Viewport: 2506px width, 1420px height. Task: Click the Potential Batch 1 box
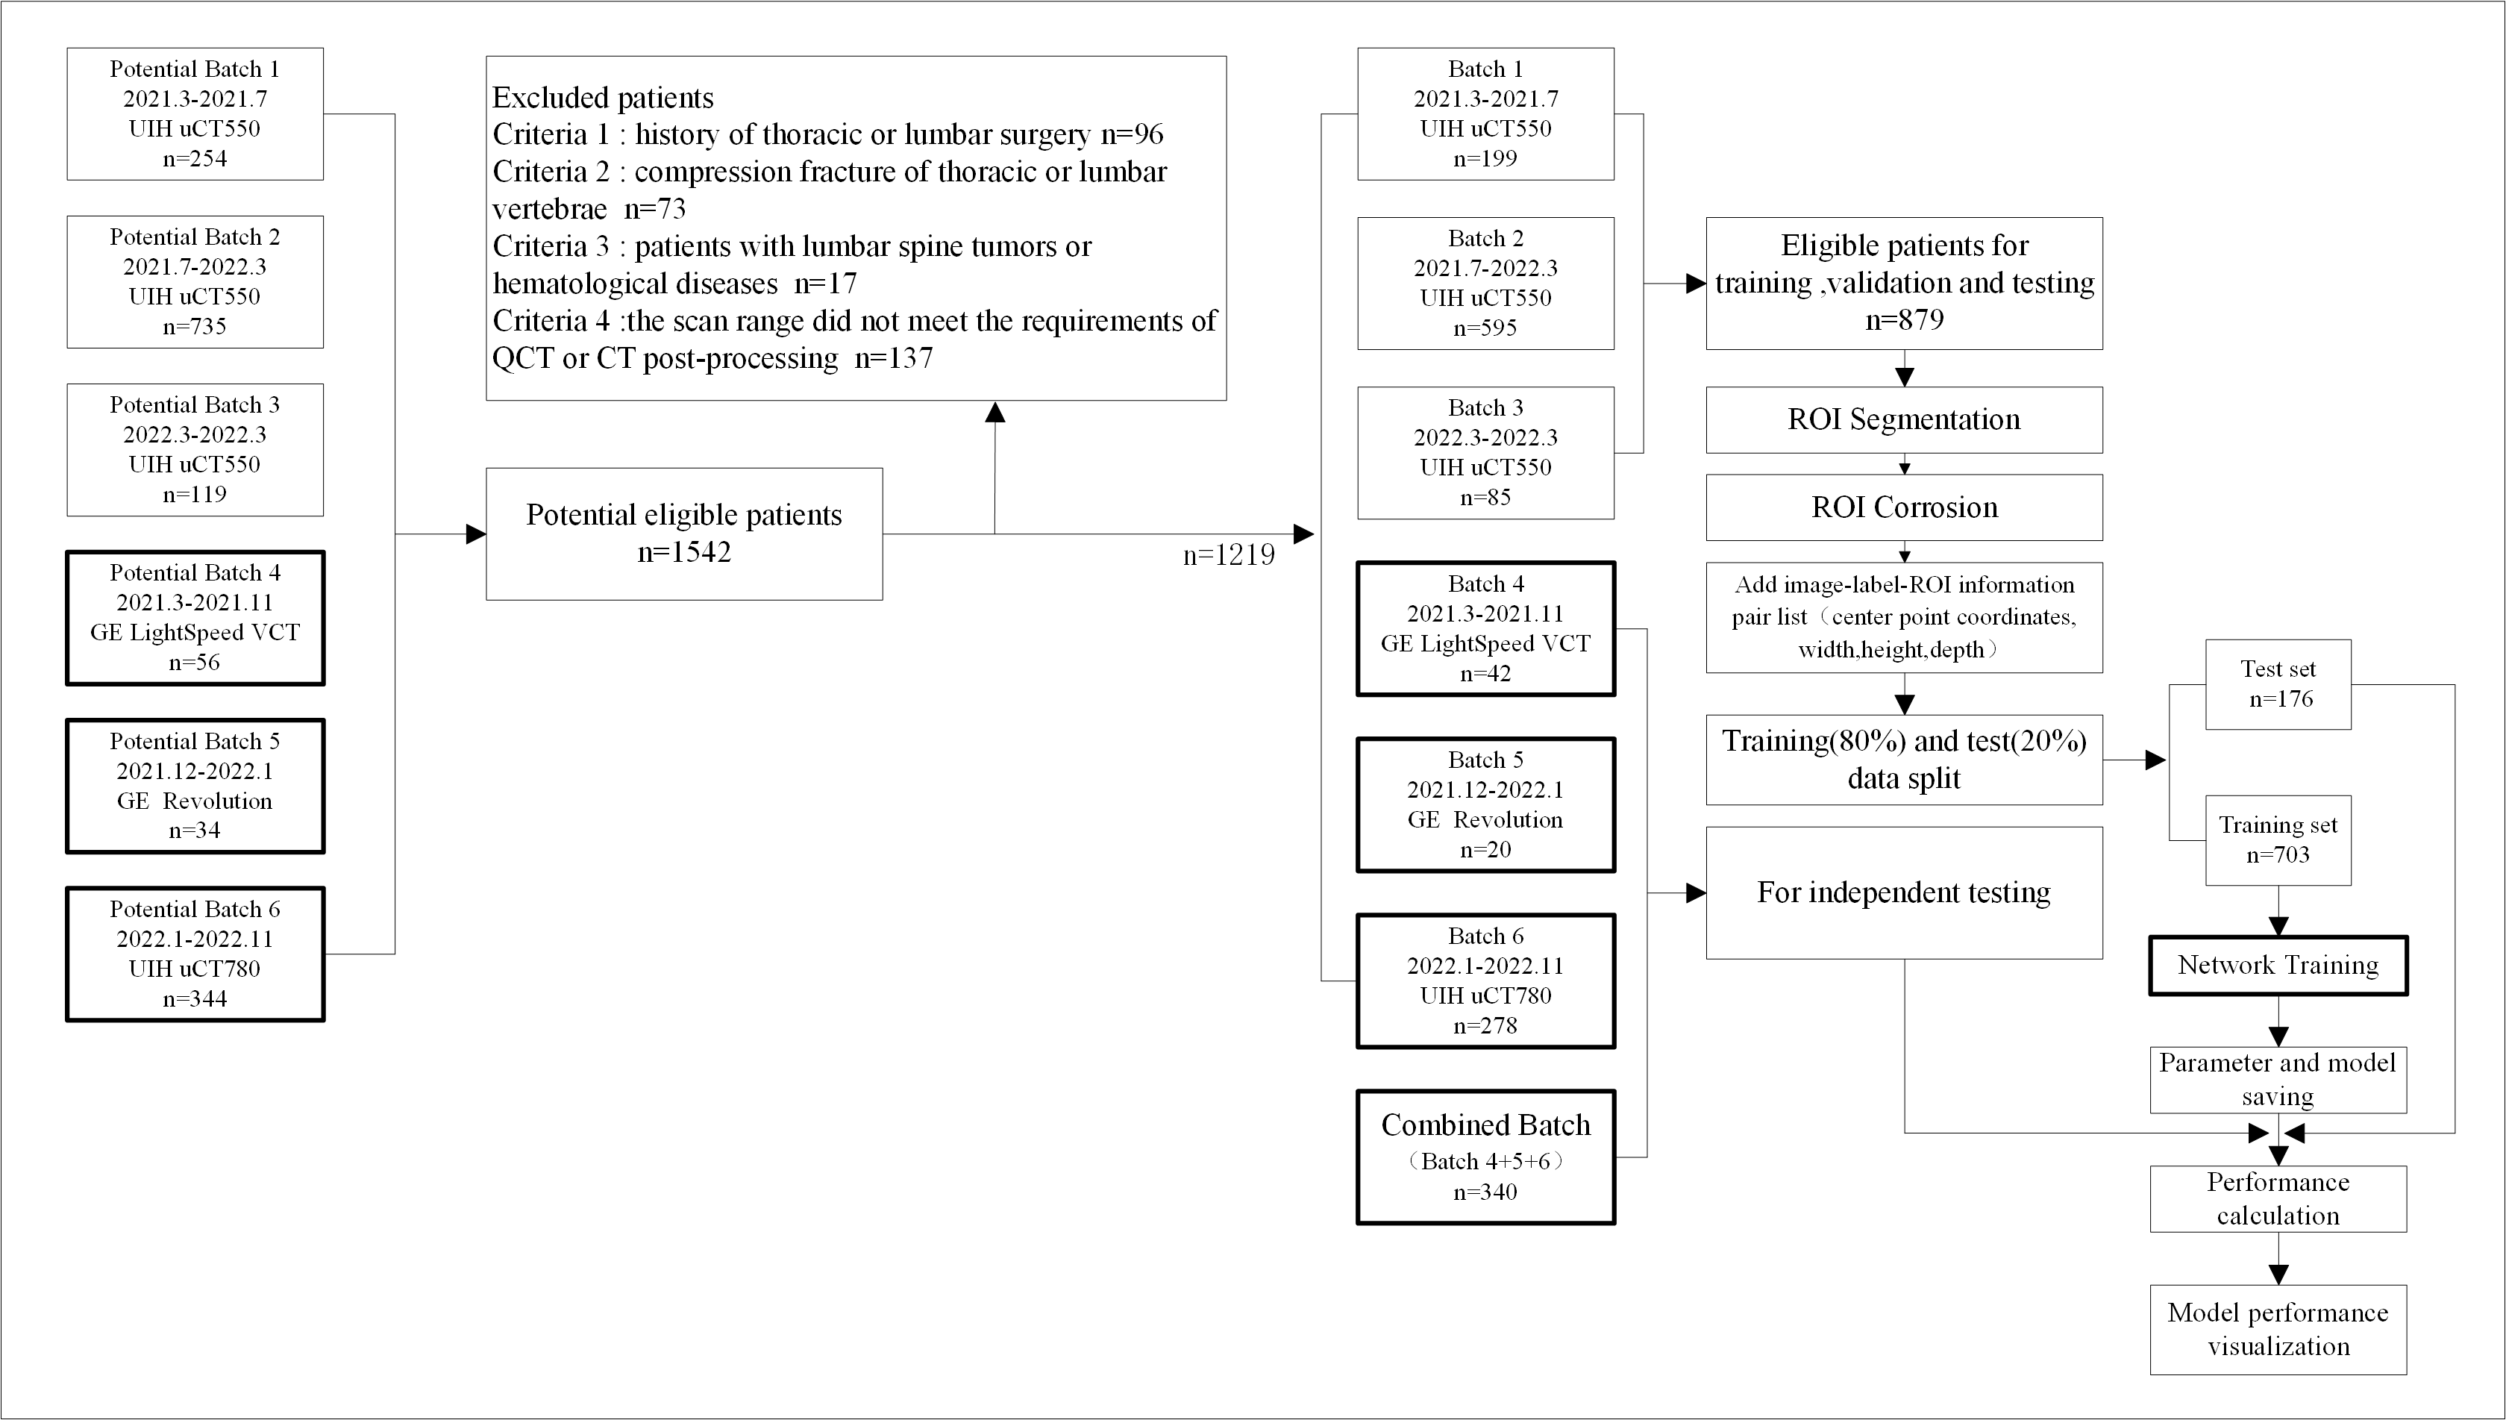pyautogui.click(x=195, y=114)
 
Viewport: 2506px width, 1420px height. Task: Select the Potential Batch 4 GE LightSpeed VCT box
pyautogui.click(x=195, y=619)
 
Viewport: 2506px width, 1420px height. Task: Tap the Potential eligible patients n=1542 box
pyautogui.click(x=685, y=534)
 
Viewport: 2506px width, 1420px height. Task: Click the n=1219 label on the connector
pyautogui.click(x=1229, y=555)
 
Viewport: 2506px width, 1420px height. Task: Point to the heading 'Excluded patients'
pyautogui.click(x=603, y=98)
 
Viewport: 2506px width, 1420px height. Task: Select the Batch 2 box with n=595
pyautogui.click(x=1485, y=284)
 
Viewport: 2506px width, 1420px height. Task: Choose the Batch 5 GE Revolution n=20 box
pyautogui.click(x=1485, y=804)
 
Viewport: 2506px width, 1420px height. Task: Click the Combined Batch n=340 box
pyautogui.click(x=1485, y=1157)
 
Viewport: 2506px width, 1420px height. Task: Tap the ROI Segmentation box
pyautogui.click(x=1903, y=420)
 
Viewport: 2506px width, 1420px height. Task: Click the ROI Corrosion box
pyautogui.click(x=1903, y=508)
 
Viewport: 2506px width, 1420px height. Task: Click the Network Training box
pyautogui.click(x=2278, y=966)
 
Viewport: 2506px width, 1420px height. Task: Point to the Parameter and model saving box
pyautogui.click(x=2278, y=1080)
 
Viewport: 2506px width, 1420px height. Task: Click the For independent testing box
pyautogui.click(x=1903, y=893)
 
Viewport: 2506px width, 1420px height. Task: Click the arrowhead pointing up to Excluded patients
pyautogui.click(x=994, y=412)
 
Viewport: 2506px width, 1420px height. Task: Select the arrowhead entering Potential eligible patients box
pyautogui.click(x=476, y=534)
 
